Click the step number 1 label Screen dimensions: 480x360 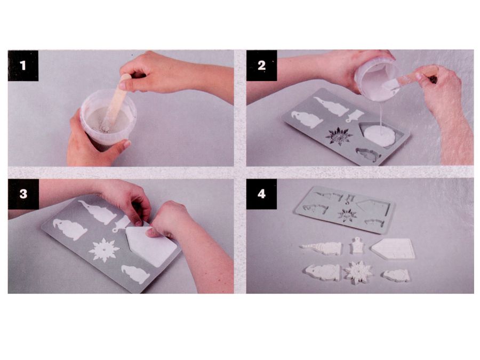coord(23,66)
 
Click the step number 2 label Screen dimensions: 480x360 coord(262,66)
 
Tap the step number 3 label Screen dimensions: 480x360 coord(23,194)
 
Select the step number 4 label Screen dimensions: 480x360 coord(262,194)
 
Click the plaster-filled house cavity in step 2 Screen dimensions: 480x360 coord(380,135)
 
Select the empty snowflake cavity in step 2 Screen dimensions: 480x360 coord(339,136)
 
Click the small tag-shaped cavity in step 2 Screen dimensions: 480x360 coord(355,116)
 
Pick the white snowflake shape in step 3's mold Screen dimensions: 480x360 coord(104,250)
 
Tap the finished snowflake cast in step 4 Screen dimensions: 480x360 coord(358,272)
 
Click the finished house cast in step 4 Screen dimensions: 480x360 coord(394,249)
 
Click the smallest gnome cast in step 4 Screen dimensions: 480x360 coord(396,276)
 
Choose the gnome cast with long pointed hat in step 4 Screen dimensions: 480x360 coord(321,248)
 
